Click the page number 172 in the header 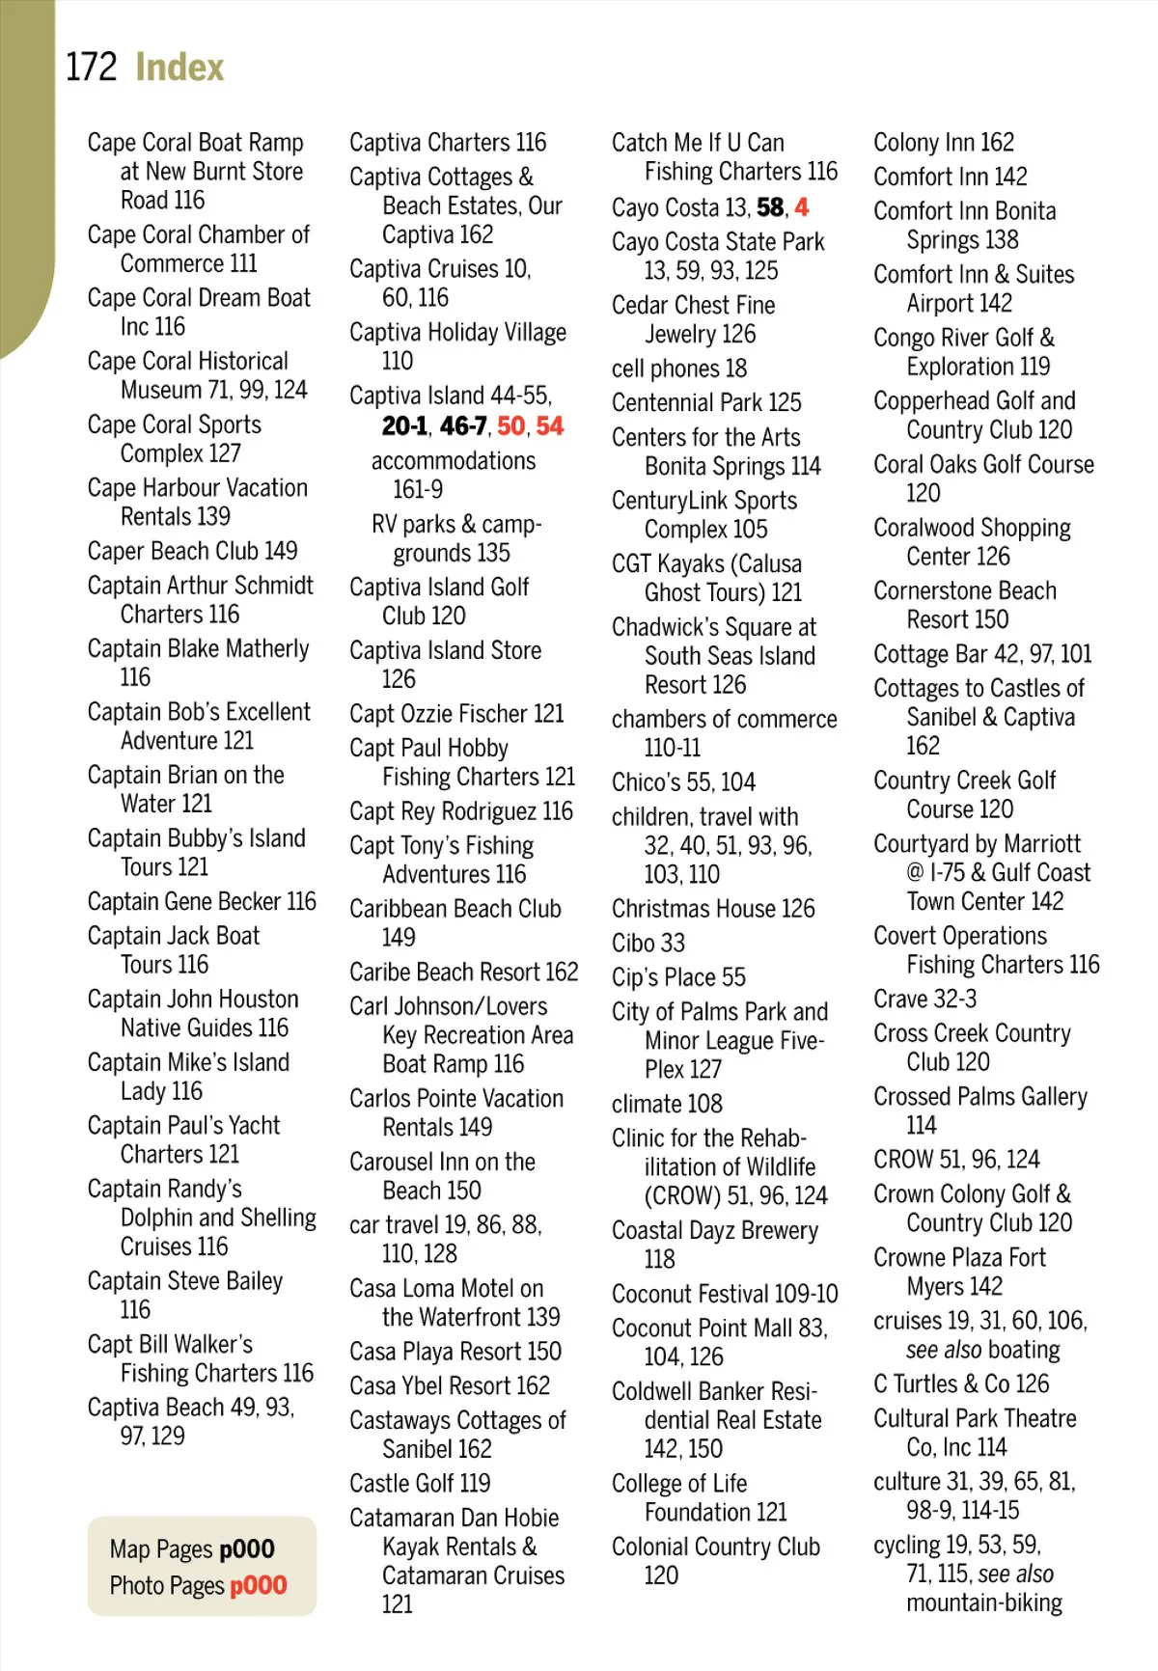pos(91,68)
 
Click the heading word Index pos(179,68)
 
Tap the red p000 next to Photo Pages pos(258,1585)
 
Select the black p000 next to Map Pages pos(246,1548)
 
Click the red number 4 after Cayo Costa pos(802,207)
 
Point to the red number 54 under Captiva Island pos(550,426)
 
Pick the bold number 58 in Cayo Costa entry pos(770,207)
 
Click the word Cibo pos(633,943)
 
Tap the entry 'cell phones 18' pos(678,369)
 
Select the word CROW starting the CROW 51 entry pos(903,1159)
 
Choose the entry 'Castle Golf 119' pos(420,1483)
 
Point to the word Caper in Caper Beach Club pos(117,551)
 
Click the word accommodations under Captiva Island pos(454,461)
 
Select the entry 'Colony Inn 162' pos(943,143)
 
